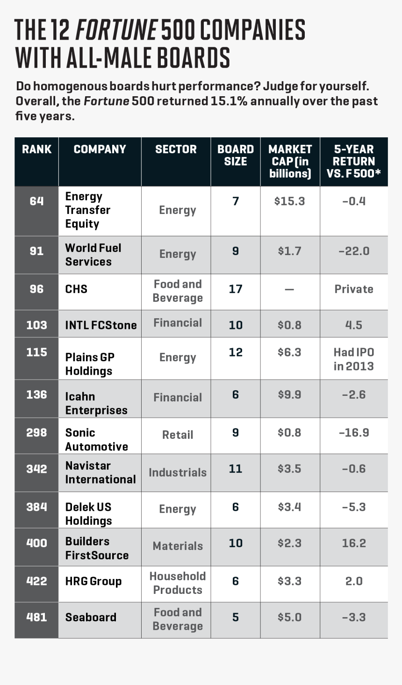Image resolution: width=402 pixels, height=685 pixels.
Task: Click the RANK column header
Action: coord(36,150)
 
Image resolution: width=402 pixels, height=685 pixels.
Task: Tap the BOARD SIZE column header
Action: coord(236,156)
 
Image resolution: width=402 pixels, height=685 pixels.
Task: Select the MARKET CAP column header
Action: coord(290,162)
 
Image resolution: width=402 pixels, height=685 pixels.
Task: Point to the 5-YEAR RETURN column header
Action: coord(354,162)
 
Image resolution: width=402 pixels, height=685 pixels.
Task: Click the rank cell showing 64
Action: coord(36,201)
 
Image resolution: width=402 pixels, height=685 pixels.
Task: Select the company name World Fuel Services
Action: coord(93,255)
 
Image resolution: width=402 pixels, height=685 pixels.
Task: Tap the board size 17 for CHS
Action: coord(236,289)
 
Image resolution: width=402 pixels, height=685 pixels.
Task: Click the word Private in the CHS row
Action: coord(354,289)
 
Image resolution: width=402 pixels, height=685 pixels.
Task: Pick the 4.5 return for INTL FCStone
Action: coord(354,325)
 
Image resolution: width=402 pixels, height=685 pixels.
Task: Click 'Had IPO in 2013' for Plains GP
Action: coord(354,359)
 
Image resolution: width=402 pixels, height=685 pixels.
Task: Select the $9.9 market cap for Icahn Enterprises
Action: coord(290,395)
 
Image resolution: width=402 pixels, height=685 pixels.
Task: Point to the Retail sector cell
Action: coord(178,435)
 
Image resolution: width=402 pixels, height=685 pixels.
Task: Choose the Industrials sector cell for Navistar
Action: coord(178,473)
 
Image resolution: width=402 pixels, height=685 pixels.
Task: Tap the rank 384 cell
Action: coord(36,507)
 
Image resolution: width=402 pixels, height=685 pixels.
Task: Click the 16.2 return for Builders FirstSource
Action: coord(354,543)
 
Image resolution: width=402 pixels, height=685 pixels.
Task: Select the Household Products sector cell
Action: coord(178,583)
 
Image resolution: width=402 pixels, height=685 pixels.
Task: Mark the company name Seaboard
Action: coord(91,617)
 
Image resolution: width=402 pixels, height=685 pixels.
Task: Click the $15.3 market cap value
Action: coord(290,201)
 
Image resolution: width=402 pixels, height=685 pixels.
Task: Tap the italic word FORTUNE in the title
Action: coord(116,31)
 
